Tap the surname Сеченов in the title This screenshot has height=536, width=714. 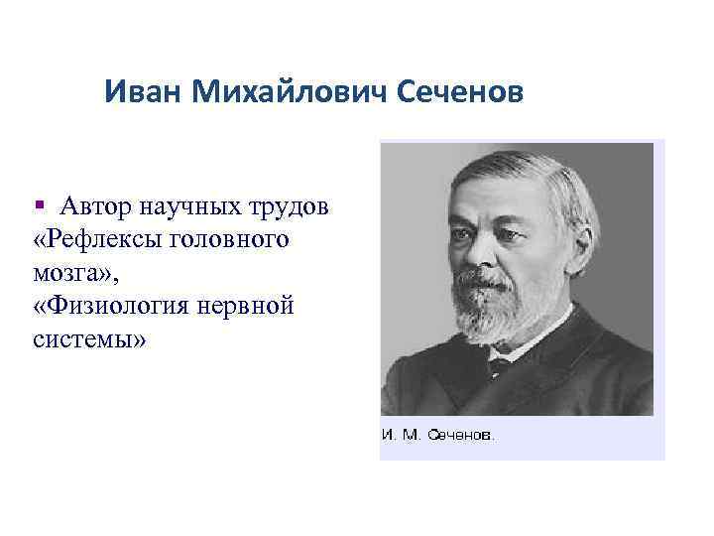point(457,94)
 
